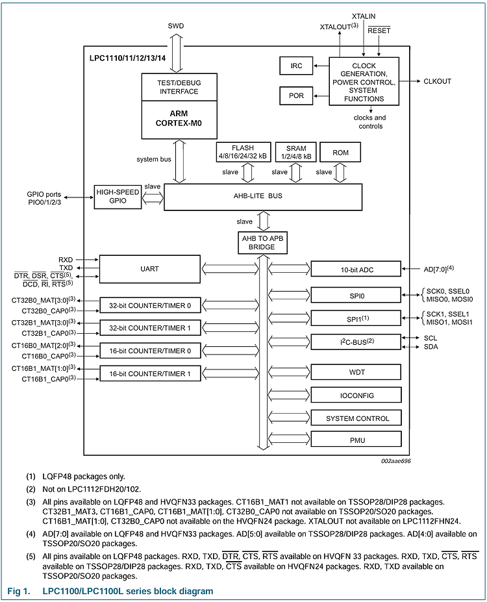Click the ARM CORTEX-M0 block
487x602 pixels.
coord(178,119)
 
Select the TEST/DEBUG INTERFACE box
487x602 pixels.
coord(178,87)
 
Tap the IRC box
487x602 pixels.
coord(295,66)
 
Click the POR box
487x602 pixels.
coord(295,95)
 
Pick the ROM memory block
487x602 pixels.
coord(340,152)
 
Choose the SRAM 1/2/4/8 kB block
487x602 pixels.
coord(295,152)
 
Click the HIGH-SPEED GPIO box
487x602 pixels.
coord(117,196)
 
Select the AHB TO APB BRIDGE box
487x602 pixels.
coord(263,243)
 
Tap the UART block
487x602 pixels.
coord(150,269)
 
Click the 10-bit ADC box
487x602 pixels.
coord(356,269)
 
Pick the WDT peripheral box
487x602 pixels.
coord(356,372)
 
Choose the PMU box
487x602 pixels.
coord(356,440)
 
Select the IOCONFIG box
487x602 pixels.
coord(356,395)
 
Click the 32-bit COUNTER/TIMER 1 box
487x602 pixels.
coord(150,328)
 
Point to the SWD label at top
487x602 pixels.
coord(175,26)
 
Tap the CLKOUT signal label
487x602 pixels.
coord(437,82)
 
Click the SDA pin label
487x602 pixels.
coord(431,347)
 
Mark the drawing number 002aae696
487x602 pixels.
coord(395,461)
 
